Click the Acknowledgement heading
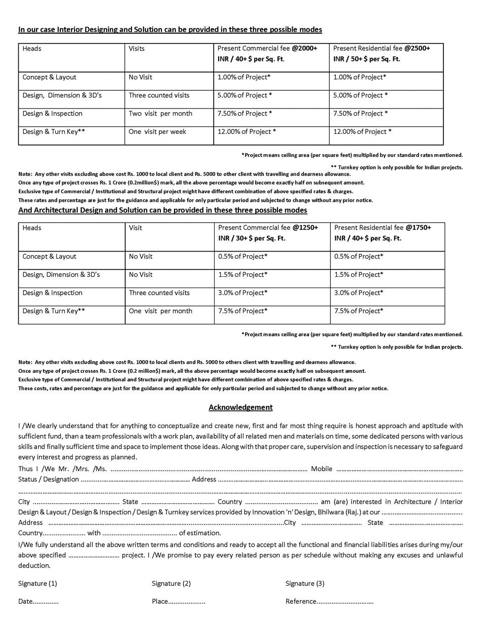[240, 407]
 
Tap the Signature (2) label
[171, 583]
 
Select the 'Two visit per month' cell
[160, 114]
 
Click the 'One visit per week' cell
[157, 132]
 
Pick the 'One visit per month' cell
[160, 311]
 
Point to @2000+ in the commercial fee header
[304, 49]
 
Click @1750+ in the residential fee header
[419, 228]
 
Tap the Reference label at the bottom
[301, 602]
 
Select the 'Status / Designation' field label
[48, 479]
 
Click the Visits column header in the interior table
[136, 49]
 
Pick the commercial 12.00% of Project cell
[247, 132]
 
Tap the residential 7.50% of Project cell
[360, 114]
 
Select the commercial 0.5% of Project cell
[243, 257]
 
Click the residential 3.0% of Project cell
[359, 293]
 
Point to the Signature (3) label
[305, 583]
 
